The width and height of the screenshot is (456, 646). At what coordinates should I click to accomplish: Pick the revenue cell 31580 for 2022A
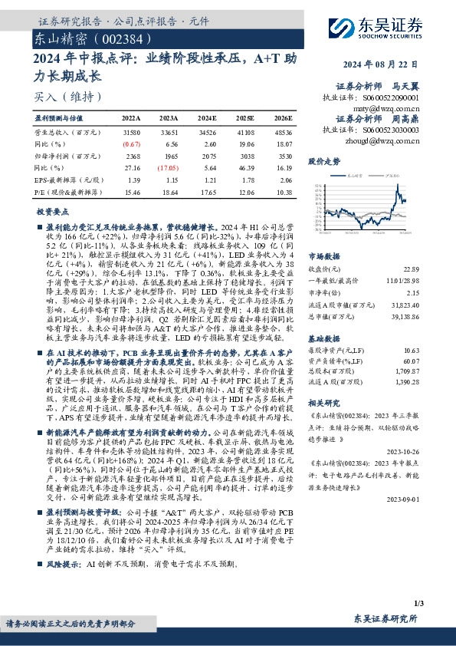[x=131, y=132]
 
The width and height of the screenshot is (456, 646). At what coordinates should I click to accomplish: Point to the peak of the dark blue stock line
[x=396, y=185]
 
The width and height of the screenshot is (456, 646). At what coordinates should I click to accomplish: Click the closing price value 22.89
[x=435, y=269]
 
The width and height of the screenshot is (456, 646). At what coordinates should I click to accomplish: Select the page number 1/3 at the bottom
[x=438, y=605]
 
